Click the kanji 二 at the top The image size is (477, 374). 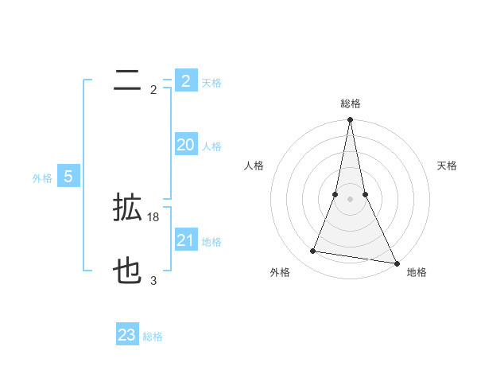(127, 80)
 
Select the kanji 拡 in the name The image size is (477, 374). (127, 208)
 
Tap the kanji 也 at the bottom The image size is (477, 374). (127, 272)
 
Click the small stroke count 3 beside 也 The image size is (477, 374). (153, 280)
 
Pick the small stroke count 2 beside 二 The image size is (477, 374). (153, 89)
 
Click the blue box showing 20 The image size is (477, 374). (185, 145)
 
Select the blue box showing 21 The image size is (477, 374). (185, 240)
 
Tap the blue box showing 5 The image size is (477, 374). (68, 177)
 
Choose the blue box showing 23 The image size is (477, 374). (127, 335)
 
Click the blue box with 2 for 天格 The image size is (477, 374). (185, 81)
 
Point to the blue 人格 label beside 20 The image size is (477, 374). (211, 146)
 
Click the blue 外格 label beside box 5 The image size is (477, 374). (42, 178)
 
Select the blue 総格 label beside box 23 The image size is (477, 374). (153, 337)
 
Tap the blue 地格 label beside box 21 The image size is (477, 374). (211, 242)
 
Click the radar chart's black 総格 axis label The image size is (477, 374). (350, 103)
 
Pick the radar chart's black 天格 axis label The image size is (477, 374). (448, 166)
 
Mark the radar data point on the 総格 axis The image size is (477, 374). (350, 120)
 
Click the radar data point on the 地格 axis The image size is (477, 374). (396, 263)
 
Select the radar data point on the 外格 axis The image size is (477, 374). (313, 251)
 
